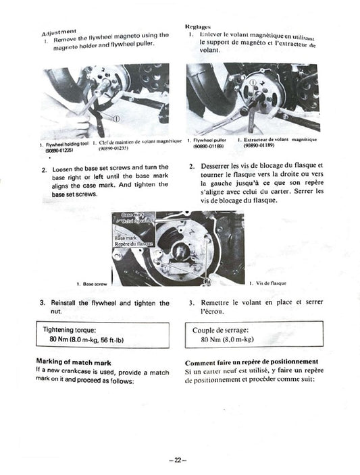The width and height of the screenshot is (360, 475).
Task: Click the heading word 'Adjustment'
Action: [59, 32]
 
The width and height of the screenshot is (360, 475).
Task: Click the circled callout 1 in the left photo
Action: [115, 119]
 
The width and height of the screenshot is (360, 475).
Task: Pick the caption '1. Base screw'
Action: [92, 284]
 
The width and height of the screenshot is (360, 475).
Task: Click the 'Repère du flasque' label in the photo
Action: [134, 244]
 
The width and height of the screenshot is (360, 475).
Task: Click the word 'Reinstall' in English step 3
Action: [68, 304]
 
